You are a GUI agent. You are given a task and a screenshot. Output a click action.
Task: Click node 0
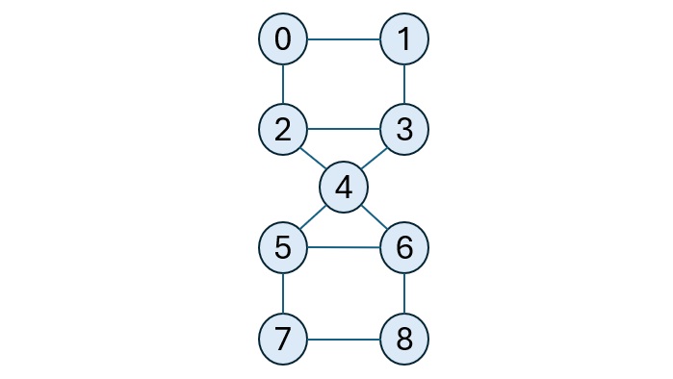pyautogui.click(x=283, y=39)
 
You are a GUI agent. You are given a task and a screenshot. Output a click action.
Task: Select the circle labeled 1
pyautogui.click(x=404, y=39)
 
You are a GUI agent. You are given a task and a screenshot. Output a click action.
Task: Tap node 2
pyautogui.click(x=283, y=129)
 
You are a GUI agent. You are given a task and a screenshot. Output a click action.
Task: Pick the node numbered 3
pyautogui.click(x=404, y=129)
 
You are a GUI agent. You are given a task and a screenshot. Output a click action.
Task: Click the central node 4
pyautogui.click(x=344, y=188)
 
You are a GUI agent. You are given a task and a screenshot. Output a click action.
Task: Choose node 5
pyautogui.click(x=283, y=247)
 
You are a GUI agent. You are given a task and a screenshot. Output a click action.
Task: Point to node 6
pyautogui.click(x=404, y=247)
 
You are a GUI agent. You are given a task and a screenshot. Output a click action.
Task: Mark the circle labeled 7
pyautogui.click(x=283, y=339)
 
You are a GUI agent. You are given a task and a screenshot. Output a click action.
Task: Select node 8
pyautogui.click(x=404, y=339)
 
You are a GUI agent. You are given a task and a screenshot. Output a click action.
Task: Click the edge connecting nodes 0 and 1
pyautogui.click(x=344, y=39)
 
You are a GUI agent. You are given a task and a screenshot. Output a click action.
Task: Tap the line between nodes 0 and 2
pyautogui.click(x=283, y=85)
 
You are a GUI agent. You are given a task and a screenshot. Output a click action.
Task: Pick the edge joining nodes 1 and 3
pyautogui.click(x=404, y=85)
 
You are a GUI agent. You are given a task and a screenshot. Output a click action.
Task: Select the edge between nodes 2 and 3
pyautogui.click(x=344, y=129)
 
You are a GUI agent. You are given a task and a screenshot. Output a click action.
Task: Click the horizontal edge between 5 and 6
pyautogui.click(x=344, y=247)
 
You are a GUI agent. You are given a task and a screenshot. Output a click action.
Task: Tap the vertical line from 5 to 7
pyautogui.click(x=283, y=293)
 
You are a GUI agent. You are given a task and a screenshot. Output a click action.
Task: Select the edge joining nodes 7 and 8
pyautogui.click(x=344, y=339)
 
